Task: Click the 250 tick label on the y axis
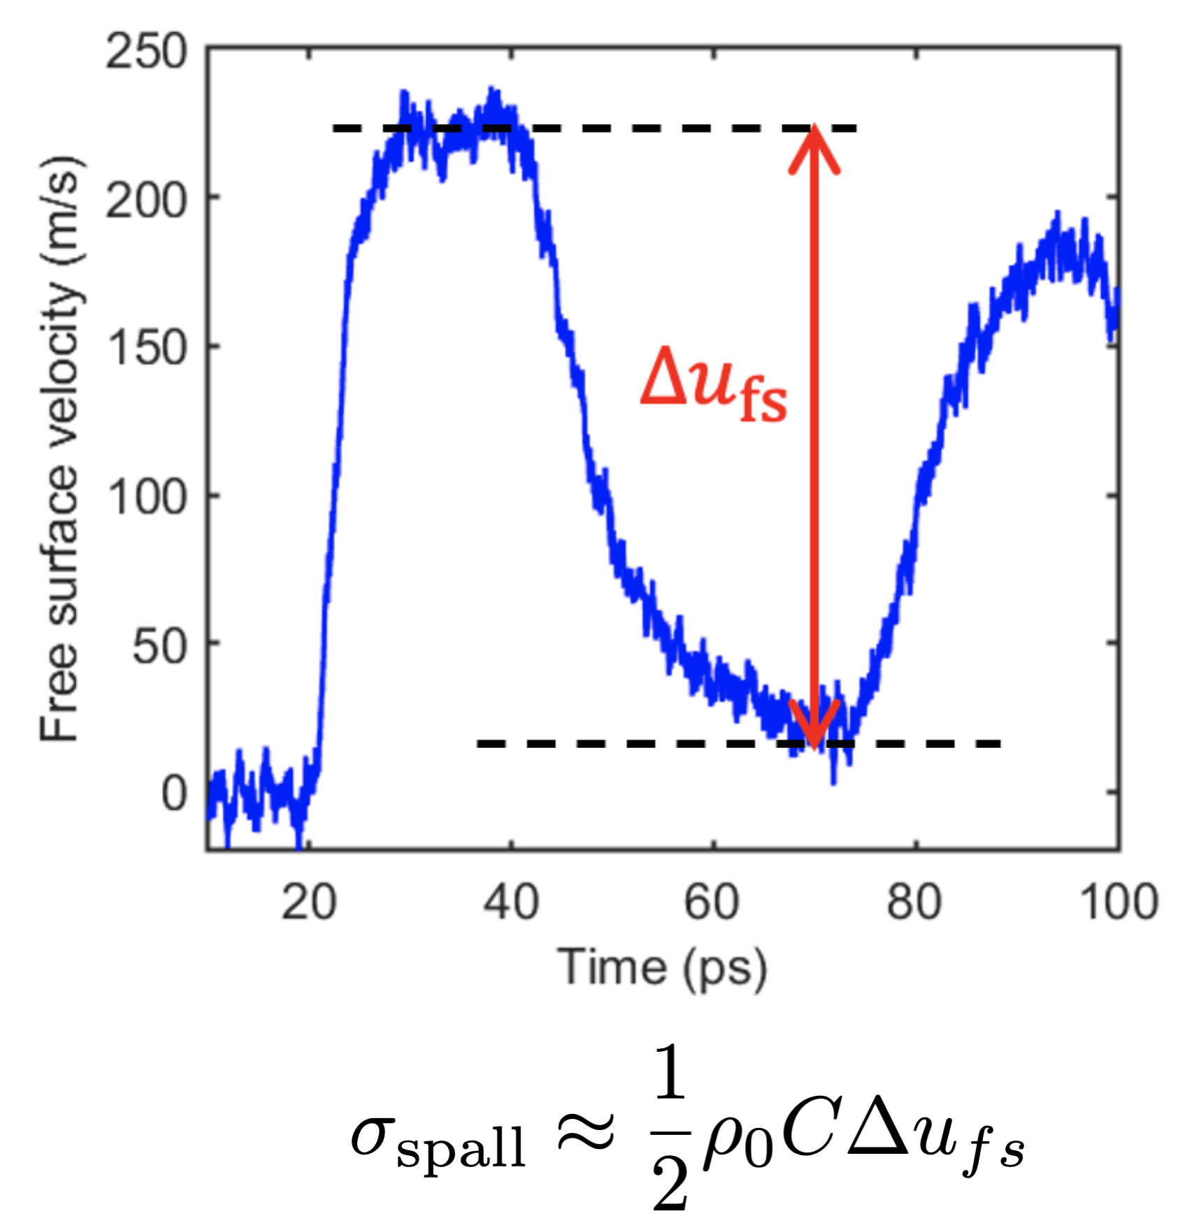pos(146,52)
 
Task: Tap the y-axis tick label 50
pos(160,647)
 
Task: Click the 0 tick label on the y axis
pos(174,795)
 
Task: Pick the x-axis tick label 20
pos(308,902)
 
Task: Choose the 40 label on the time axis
pos(511,902)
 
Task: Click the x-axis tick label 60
pos(712,902)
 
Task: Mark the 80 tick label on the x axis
pos(914,902)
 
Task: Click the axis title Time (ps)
pos(662,968)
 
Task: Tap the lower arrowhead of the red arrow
pos(814,727)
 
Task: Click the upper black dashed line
pos(629,129)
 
